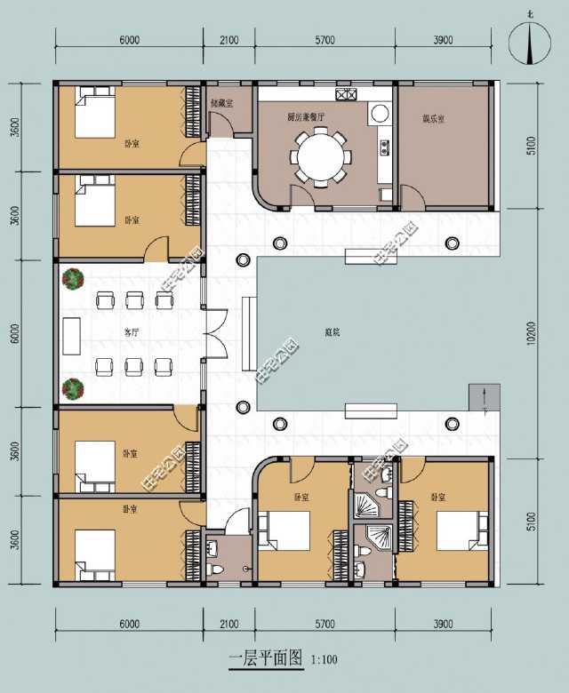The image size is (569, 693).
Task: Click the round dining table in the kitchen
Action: pyautogui.click(x=322, y=157)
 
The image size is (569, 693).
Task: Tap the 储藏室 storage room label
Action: pyautogui.click(x=221, y=103)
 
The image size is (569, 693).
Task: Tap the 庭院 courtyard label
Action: pyautogui.click(x=333, y=331)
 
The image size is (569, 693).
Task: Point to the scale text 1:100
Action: pyautogui.click(x=325, y=660)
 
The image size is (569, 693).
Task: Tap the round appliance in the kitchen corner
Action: pyautogui.click(x=379, y=113)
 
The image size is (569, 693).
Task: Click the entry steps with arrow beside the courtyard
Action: pyautogui.click(x=480, y=396)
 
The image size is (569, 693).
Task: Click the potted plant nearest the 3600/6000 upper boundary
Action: pyautogui.click(x=72, y=279)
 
